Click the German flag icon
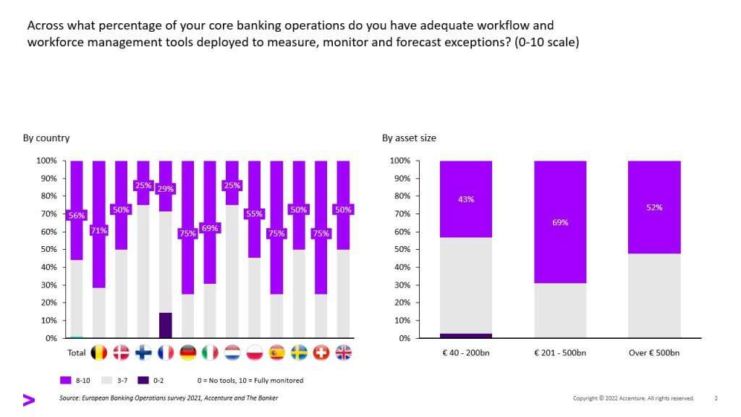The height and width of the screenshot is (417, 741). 187,353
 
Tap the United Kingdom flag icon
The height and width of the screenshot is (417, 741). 344,353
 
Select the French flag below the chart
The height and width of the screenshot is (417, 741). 165,353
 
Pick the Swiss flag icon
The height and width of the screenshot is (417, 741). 321,353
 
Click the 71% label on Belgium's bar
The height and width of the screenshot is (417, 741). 98,231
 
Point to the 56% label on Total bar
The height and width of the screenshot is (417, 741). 76,215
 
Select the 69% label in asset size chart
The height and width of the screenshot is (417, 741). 560,222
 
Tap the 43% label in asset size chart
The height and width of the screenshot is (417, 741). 466,199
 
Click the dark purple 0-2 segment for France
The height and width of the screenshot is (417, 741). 166,325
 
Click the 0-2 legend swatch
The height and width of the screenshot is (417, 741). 143,380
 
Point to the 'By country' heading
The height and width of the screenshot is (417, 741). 46,138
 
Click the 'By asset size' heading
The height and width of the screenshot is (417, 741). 409,138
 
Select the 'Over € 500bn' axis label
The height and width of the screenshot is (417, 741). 654,353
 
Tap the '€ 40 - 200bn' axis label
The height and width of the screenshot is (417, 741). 466,353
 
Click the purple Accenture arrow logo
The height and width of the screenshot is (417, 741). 28,400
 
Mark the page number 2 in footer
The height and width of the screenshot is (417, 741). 716,398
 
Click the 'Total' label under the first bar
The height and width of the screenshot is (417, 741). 76,353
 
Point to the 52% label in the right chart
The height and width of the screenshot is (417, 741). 654,207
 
